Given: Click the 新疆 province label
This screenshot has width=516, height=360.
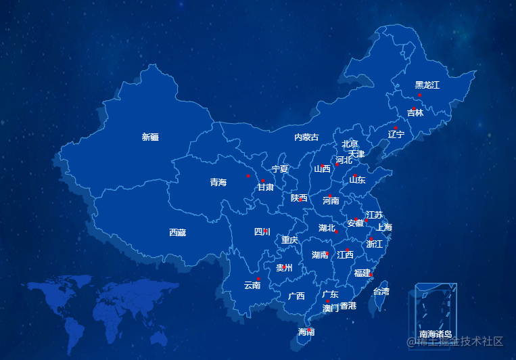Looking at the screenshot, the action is coord(150,137).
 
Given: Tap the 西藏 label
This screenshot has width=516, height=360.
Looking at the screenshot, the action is coord(177,232).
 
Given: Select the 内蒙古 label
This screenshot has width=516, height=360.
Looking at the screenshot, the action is coord(306,137).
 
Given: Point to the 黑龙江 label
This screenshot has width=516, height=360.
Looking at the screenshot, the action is coord(427,85).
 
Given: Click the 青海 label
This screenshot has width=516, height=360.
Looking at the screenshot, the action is coord(218,182).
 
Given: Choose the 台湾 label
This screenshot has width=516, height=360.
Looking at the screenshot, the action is coord(381,292).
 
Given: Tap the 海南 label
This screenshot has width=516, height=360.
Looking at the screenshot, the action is coord(306,332).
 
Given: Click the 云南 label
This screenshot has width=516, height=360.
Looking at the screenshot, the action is coord(252,286).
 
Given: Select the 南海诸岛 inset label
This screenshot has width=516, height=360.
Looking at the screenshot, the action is coord(436,334).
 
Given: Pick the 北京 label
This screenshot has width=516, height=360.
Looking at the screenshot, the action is coord(350,143).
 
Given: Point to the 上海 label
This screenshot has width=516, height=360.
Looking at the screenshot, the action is coord(384,227).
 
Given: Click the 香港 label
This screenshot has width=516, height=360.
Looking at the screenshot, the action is coord(348,306).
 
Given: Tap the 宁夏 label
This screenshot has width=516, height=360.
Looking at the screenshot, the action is coord(279,168).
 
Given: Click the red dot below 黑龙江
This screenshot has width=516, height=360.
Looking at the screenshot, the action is coord(420,95).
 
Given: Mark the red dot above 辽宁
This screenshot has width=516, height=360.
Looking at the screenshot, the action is coord(396,128).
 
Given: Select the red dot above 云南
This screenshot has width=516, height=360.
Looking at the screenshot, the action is coord(258,279).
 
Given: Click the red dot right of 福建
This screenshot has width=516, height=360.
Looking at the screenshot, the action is coord(372,274).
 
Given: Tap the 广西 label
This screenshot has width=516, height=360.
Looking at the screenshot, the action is coord(296,296).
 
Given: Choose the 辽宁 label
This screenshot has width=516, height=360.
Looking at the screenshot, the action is coord(396,134).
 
